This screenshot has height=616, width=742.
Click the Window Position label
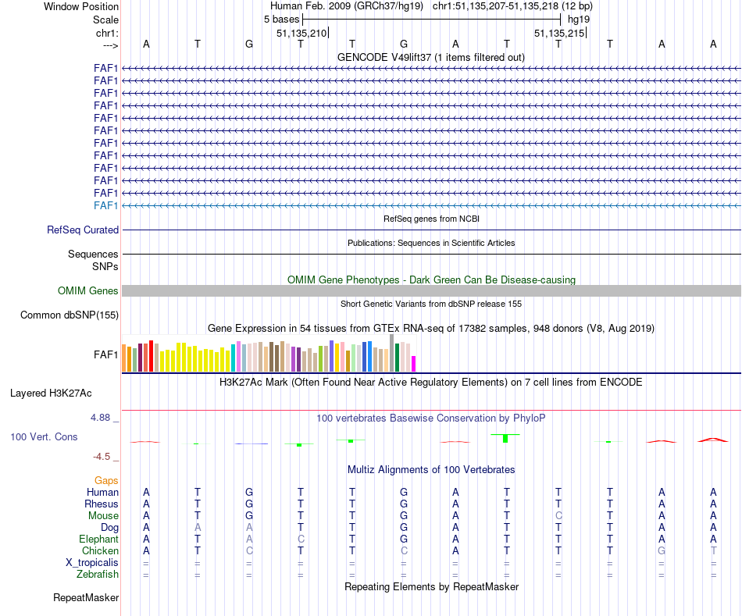(x=81, y=6)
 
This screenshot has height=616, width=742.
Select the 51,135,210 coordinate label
(x=301, y=33)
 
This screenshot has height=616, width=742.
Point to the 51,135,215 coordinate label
(x=558, y=33)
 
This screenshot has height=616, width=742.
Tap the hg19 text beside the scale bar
(x=579, y=19)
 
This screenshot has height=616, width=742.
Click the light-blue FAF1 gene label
(x=105, y=205)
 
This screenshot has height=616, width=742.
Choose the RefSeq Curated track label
(x=83, y=230)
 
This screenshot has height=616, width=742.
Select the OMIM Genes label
(x=88, y=291)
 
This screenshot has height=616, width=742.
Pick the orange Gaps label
(x=106, y=480)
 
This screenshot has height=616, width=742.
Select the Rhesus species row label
(x=102, y=504)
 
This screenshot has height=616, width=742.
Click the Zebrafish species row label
(x=98, y=575)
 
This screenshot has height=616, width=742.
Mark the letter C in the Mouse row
(x=558, y=516)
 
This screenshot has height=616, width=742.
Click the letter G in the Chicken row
(x=662, y=551)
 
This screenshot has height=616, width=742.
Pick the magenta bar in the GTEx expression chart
(x=414, y=364)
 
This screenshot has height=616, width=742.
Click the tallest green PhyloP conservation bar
(x=505, y=438)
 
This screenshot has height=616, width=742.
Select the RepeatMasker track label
(x=86, y=598)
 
